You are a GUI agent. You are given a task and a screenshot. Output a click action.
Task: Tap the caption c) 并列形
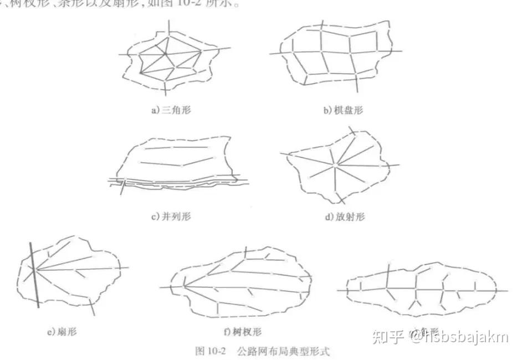click(x=171, y=217)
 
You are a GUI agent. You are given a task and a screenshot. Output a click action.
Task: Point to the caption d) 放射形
click(x=344, y=217)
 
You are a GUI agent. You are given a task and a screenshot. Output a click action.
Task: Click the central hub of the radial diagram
click(x=335, y=164)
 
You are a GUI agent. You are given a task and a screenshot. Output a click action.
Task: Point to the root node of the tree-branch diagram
click(x=183, y=287)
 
